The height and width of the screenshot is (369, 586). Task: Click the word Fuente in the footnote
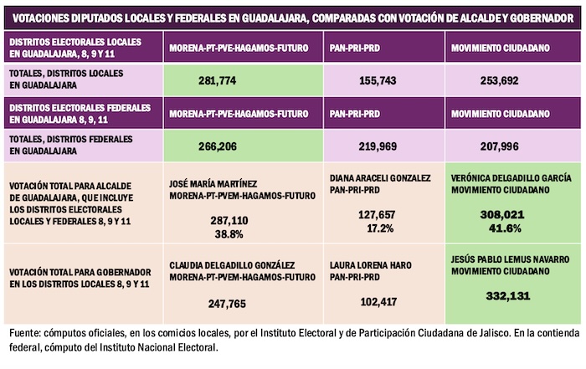[23, 335]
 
